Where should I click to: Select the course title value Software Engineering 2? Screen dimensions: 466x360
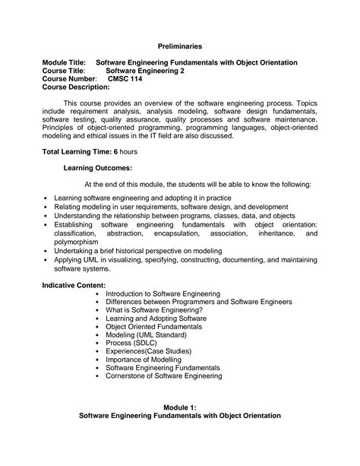[153, 71]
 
